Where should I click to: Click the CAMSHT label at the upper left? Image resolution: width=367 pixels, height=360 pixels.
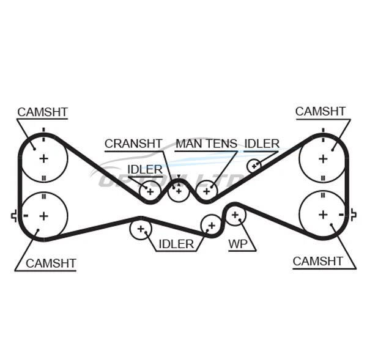42,112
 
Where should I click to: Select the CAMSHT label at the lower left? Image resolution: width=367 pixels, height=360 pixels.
51,263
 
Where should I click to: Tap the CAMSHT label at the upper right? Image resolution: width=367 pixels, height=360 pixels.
321,111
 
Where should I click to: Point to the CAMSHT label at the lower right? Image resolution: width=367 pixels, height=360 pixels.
318,261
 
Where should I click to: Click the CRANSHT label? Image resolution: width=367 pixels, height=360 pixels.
133,144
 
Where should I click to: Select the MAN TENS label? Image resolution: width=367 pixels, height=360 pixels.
206,144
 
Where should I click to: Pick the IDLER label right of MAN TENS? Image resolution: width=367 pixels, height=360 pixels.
262,144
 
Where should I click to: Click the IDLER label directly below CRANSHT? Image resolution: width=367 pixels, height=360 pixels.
145,169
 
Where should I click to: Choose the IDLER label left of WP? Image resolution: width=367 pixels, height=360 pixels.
176,244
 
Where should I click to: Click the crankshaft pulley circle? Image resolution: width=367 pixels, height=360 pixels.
178,191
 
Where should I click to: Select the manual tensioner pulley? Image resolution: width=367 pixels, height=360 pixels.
206,192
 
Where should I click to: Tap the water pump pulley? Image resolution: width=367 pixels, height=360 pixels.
235,215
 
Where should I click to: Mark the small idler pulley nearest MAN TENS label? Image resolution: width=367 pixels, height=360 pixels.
254,165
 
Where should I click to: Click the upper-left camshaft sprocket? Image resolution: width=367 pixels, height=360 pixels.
43,158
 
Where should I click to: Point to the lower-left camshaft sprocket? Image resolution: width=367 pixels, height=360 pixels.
43,215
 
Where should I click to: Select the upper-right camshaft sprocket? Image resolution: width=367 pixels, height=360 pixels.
322,158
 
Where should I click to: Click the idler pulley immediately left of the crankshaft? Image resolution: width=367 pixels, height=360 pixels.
149,192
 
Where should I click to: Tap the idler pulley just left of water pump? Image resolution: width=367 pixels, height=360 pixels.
212,225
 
